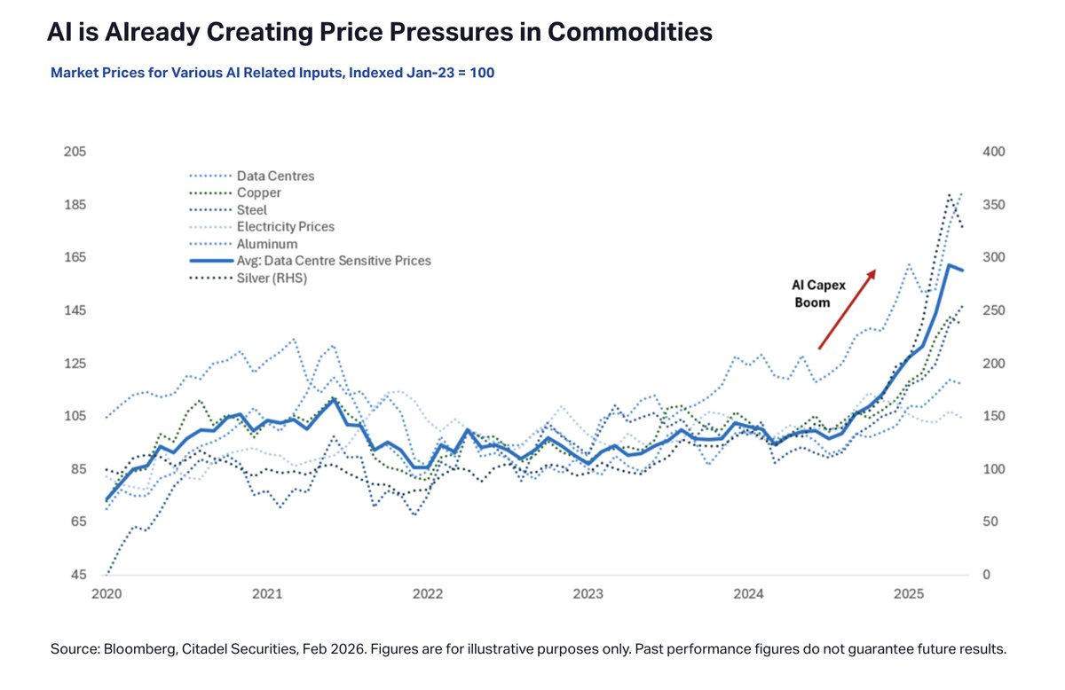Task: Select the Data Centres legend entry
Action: click(x=275, y=176)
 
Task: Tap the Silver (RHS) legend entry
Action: click(x=272, y=278)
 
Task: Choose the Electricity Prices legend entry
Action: click(x=285, y=227)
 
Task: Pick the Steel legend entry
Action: click(x=251, y=210)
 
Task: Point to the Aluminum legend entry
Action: click(x=267, y=244)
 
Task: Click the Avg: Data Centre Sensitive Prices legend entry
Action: click(x=333, y=261)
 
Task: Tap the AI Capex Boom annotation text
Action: click(x=811, y=294)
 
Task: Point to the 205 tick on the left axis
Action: click(x=75, y=152)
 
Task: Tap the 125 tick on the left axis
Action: click(x=75, y=364)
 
